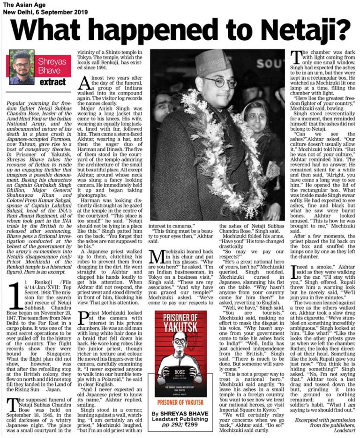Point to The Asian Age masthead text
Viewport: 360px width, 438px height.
point(20,4)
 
